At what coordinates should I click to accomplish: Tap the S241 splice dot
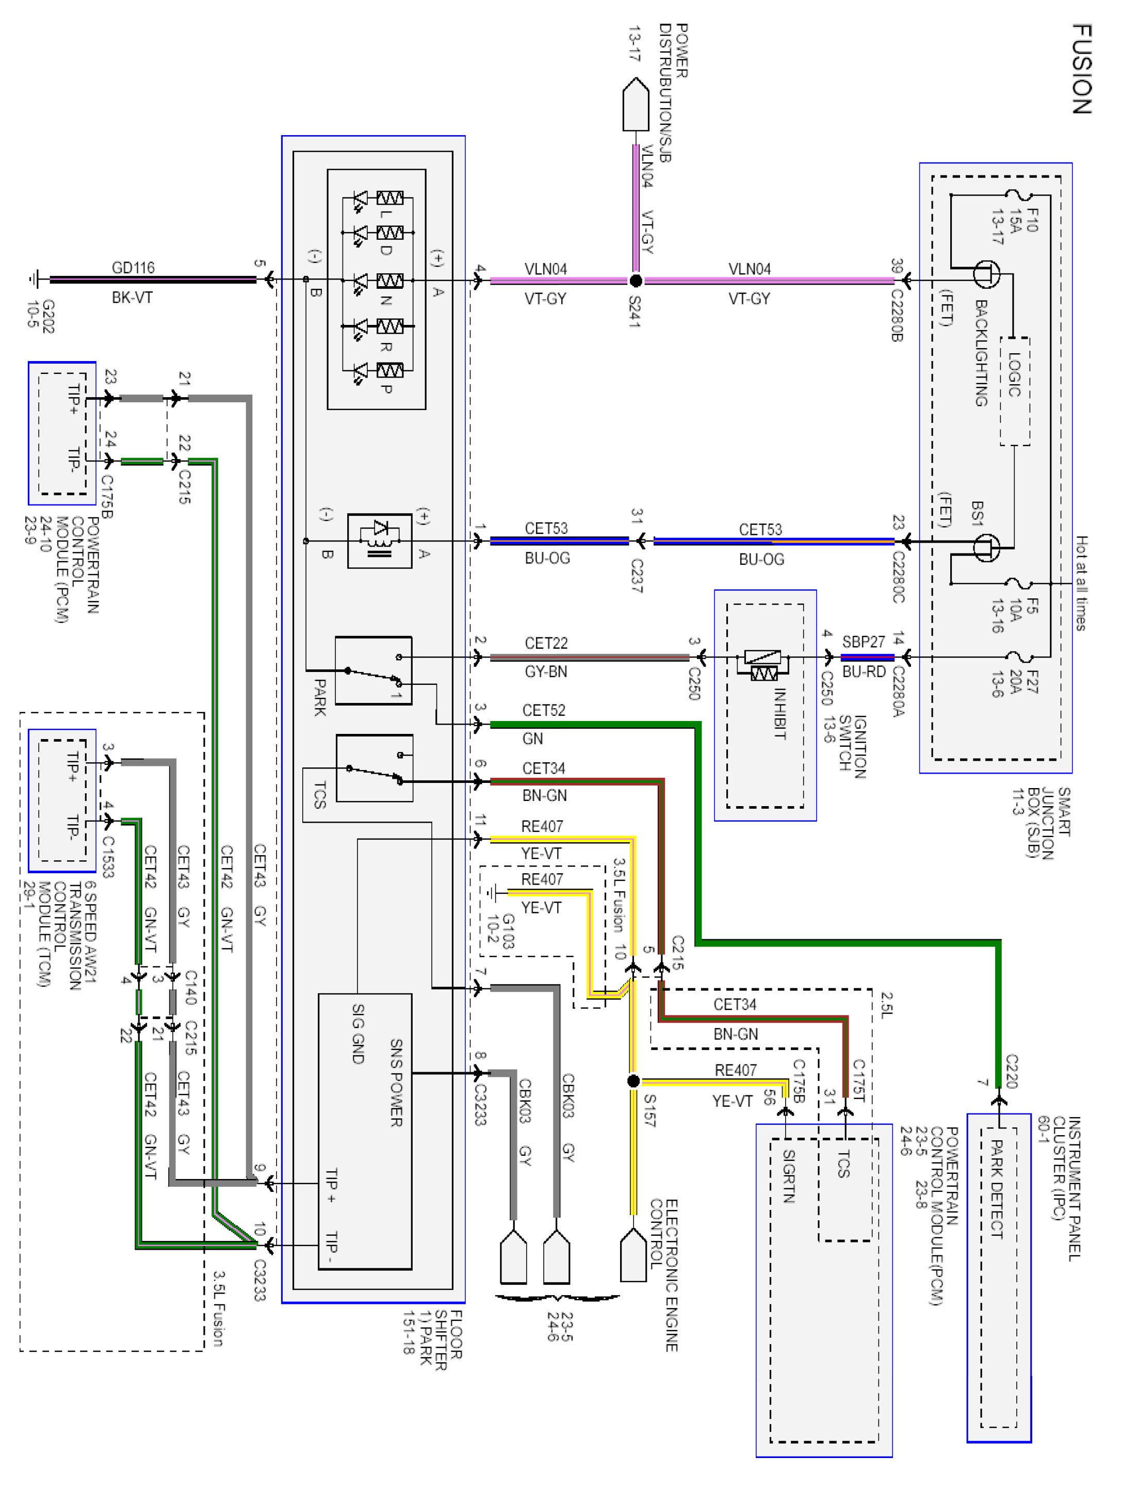point(636,281)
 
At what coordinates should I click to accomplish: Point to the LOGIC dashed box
point(1014,391)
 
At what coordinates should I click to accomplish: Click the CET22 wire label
point(546,643)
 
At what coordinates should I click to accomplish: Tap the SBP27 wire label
point(864,642)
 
